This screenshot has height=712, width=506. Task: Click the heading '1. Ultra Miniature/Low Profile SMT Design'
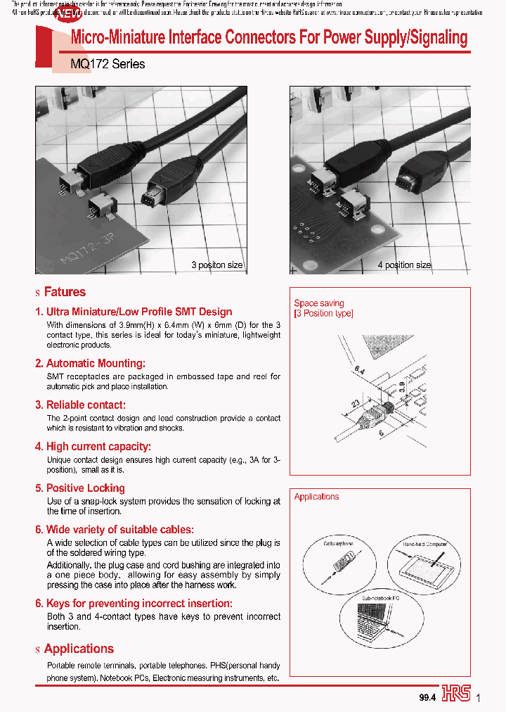tap(134, 312)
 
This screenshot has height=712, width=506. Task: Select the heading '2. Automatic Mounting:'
tap(90, 364)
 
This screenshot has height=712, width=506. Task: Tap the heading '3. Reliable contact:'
tap(80, 405)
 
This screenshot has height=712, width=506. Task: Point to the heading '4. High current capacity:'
tap(93, 447)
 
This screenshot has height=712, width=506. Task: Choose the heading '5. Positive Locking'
tap(80, 488)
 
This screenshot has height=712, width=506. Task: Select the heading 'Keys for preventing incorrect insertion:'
tap(138, 604)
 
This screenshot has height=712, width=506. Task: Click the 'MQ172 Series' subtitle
tap(108, 64)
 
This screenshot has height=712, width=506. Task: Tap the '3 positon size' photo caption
tap(217, 266)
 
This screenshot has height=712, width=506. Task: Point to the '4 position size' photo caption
tap(404, 266)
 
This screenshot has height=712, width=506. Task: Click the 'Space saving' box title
tap(319, 303)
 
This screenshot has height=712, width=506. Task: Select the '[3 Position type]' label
tap(324, 314)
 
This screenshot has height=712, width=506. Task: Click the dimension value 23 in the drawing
tap(357, 403)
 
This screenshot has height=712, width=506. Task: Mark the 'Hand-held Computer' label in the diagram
tap(425, 545)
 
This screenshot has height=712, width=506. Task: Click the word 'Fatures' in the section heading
tap(65, 292)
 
